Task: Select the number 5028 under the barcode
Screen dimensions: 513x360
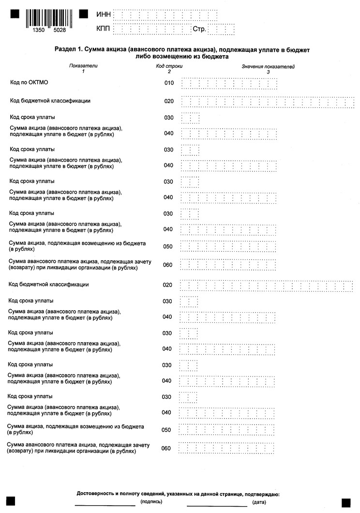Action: click(x=59, y=30)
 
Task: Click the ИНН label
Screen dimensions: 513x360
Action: click(x=104, y=15)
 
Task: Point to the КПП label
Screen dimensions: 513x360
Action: click(x=104, y=29)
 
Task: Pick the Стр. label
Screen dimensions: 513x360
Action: click(x=199, y=29)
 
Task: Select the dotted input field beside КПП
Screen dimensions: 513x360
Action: click(x=151, y=29)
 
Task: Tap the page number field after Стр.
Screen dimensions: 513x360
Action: click(x=222, y=29)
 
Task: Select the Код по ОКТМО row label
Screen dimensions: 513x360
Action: click(x=30, y=83)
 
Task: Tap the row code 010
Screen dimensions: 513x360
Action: click(x=168, y=83)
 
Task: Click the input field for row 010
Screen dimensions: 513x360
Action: click(x=229, y=83)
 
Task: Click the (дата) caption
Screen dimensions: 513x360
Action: click(x=259, y=502)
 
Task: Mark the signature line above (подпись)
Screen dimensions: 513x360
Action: click(x=105, y=505)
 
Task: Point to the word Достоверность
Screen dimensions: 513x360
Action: click(x=95, y=494)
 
